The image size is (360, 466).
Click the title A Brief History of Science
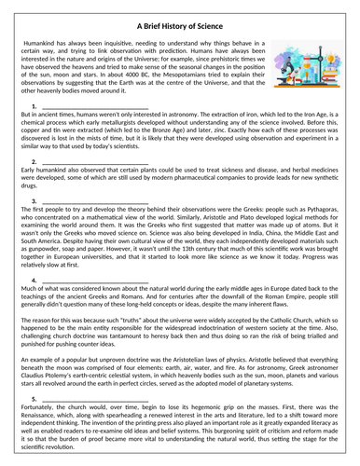coord(180,28)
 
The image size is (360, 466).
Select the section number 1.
coord(35,107)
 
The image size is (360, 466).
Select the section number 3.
coord(35,201)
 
